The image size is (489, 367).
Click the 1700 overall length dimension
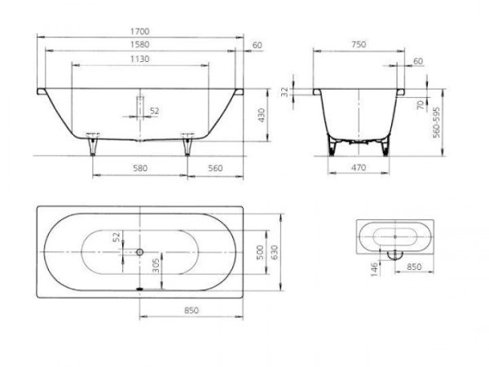pos(140,32)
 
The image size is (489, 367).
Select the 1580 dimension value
pos(140,45)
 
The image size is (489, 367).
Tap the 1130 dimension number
pos(140,59)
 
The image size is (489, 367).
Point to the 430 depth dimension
pos(262,115)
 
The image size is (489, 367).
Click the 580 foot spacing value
pos(140,169)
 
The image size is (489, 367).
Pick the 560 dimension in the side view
pos(215,169)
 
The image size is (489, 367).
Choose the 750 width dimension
pos(359,45)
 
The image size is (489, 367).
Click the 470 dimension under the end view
pos(359,168)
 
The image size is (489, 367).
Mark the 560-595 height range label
pos(436,122)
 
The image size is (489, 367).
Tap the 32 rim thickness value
pos(285,92)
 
